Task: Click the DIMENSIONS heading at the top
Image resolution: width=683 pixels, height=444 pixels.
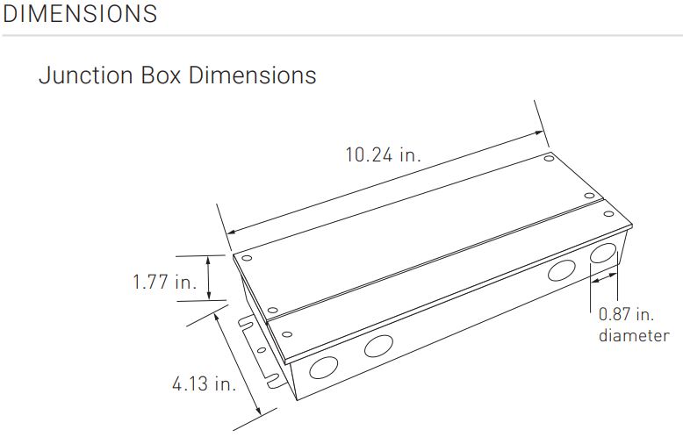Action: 80,13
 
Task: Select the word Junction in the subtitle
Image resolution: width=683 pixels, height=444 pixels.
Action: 86,75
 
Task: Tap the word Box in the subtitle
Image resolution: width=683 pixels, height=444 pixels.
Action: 161,75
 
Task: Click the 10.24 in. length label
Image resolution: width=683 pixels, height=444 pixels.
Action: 383,154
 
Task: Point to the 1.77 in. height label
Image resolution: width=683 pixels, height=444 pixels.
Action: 164,282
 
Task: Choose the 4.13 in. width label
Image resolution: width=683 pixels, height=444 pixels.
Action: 204,384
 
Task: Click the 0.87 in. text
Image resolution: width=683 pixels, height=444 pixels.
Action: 626,314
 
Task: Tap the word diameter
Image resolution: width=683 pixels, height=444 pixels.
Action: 634,335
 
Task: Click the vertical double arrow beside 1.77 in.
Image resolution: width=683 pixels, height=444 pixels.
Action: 209,278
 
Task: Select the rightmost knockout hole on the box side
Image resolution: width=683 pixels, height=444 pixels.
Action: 603,254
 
